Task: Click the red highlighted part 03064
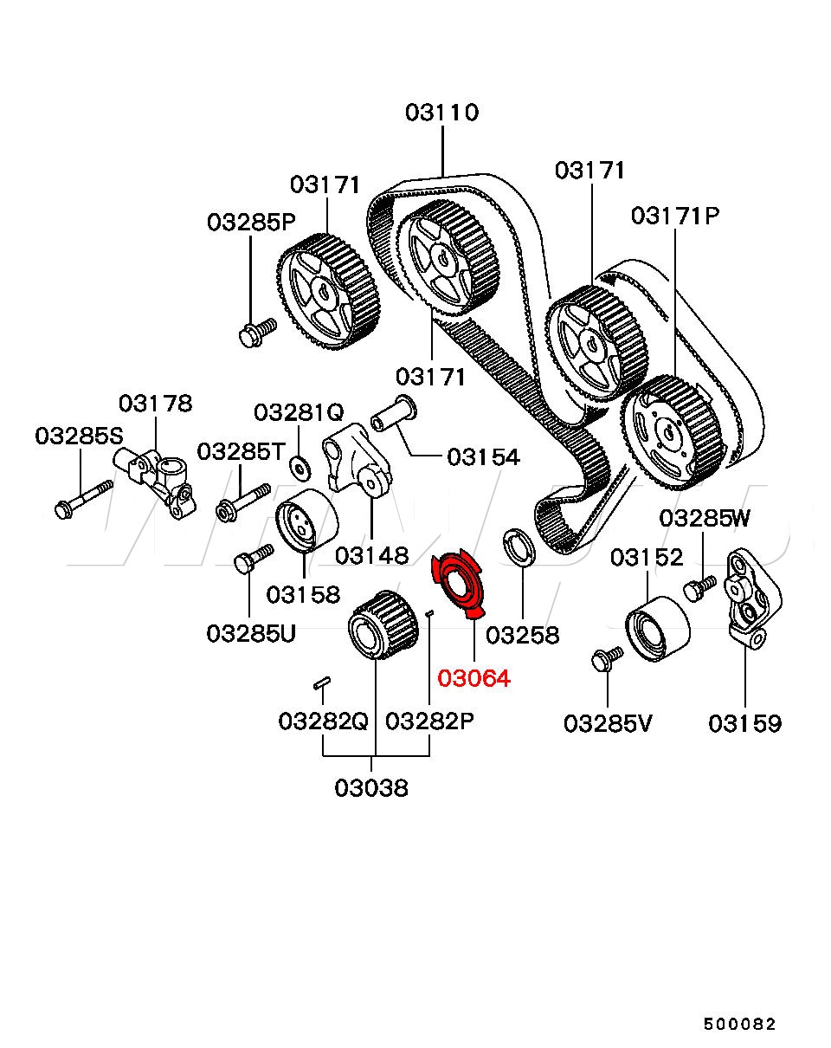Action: (x=459, y=581)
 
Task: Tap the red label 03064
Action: (x=473, y=678)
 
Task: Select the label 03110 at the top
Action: (x=441, y=113)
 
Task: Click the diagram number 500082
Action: (x=739, y=1025)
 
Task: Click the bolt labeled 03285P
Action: (x=255, y=331)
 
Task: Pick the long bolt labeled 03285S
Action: (x=83, y=500)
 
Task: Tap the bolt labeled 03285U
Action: (x=253, y=558)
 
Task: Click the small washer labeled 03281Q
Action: (x=300, y=468)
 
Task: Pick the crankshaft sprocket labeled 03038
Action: (x=379, y=624)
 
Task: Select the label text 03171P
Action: (x=675, y=216)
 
